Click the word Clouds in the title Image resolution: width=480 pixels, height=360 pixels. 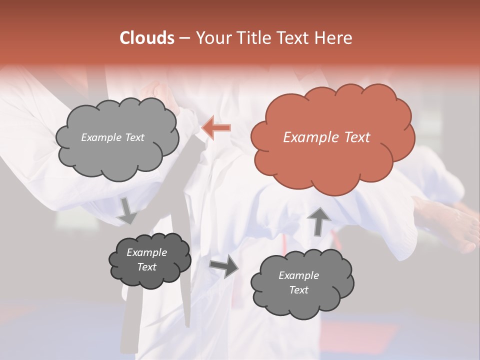pyautogui.click(x=146, y=38)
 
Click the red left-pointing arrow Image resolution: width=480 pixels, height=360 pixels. pyautogui.click(x=216, y=128)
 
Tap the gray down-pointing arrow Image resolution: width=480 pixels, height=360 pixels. pyautogui.click(x=127, y=211)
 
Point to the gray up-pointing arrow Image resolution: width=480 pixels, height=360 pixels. pyautogui.click(x=319, y=220)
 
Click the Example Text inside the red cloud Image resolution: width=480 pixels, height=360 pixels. pyautogui.click(x=326, y=137)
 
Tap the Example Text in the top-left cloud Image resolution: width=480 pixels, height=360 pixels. pyautogui.click(x=112, y=137)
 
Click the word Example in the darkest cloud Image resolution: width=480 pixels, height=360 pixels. pyautogui.click(x=146, y=252)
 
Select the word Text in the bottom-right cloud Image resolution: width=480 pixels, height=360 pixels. pyautogui.click(x=298, y=290)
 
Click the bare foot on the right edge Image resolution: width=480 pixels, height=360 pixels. pyautogui.click(x=445, y=222)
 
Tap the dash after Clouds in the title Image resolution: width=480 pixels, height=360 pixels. pyautogui.click(x=184, y=38)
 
